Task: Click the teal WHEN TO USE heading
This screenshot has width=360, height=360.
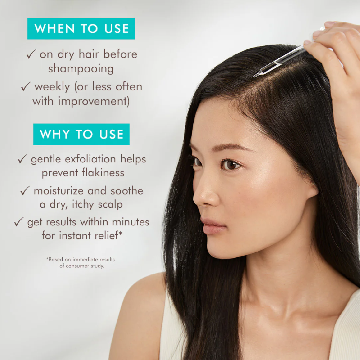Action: [x=81, y=28]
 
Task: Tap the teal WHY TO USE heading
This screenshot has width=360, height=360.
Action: [x=81, y=134]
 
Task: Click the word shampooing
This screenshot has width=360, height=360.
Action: [x=81, y=68]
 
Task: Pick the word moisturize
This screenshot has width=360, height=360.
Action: [x=59, y=191]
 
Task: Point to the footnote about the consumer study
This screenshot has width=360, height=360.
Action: [x=81, y=262]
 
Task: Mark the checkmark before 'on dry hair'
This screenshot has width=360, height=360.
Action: [x=31, y=55]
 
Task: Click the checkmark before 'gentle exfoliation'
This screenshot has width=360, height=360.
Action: [x=22, y=159]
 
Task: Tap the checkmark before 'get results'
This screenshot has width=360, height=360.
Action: [x=18, y=222]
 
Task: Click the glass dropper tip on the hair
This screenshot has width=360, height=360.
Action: [x=256, y=75]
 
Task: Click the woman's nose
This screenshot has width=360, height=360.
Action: [x=202, y=196]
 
